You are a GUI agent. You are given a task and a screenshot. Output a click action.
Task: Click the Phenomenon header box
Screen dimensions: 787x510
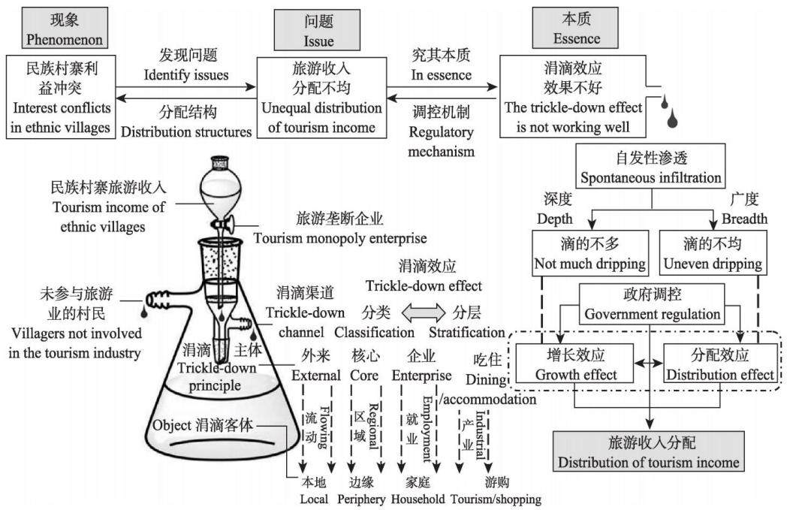[65, 28]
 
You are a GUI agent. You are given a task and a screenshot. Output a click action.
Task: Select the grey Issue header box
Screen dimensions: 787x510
[317, 29]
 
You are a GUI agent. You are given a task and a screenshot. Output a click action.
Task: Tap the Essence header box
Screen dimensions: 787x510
[575, 28]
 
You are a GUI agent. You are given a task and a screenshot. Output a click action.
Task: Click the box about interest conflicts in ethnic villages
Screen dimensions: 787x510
[61, 97]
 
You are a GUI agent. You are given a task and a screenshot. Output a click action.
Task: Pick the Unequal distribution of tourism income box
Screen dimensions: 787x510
[321, 98]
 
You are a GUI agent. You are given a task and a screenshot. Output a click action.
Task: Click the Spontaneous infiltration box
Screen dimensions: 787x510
[650, 167]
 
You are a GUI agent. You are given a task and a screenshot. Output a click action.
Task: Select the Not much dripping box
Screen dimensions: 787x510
[590, 253]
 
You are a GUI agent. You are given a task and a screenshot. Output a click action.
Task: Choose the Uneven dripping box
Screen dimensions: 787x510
[713, 253]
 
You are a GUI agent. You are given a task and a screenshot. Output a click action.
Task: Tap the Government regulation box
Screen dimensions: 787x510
[652, 303]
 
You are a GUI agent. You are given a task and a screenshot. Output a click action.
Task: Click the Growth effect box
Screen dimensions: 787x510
[575, 364]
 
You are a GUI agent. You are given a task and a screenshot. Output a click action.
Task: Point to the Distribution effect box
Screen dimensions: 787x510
[720, 364]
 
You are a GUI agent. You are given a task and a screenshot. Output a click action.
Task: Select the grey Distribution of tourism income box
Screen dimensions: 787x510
[649, 451]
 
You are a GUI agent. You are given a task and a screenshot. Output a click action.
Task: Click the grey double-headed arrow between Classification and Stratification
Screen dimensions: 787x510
[424, 312]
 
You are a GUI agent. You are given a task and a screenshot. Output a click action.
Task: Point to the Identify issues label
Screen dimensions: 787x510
[186, 75]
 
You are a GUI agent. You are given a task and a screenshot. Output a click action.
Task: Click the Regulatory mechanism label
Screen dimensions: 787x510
[441, 141]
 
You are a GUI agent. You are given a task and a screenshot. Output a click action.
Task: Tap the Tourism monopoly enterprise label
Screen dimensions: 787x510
[339, 238]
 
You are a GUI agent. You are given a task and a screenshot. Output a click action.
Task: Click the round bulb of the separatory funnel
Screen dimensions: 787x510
[220, 190]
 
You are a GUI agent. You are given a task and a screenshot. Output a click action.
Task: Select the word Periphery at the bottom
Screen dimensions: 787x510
[361, 499]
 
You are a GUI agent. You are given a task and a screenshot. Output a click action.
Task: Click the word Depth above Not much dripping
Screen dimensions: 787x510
[555, 219]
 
